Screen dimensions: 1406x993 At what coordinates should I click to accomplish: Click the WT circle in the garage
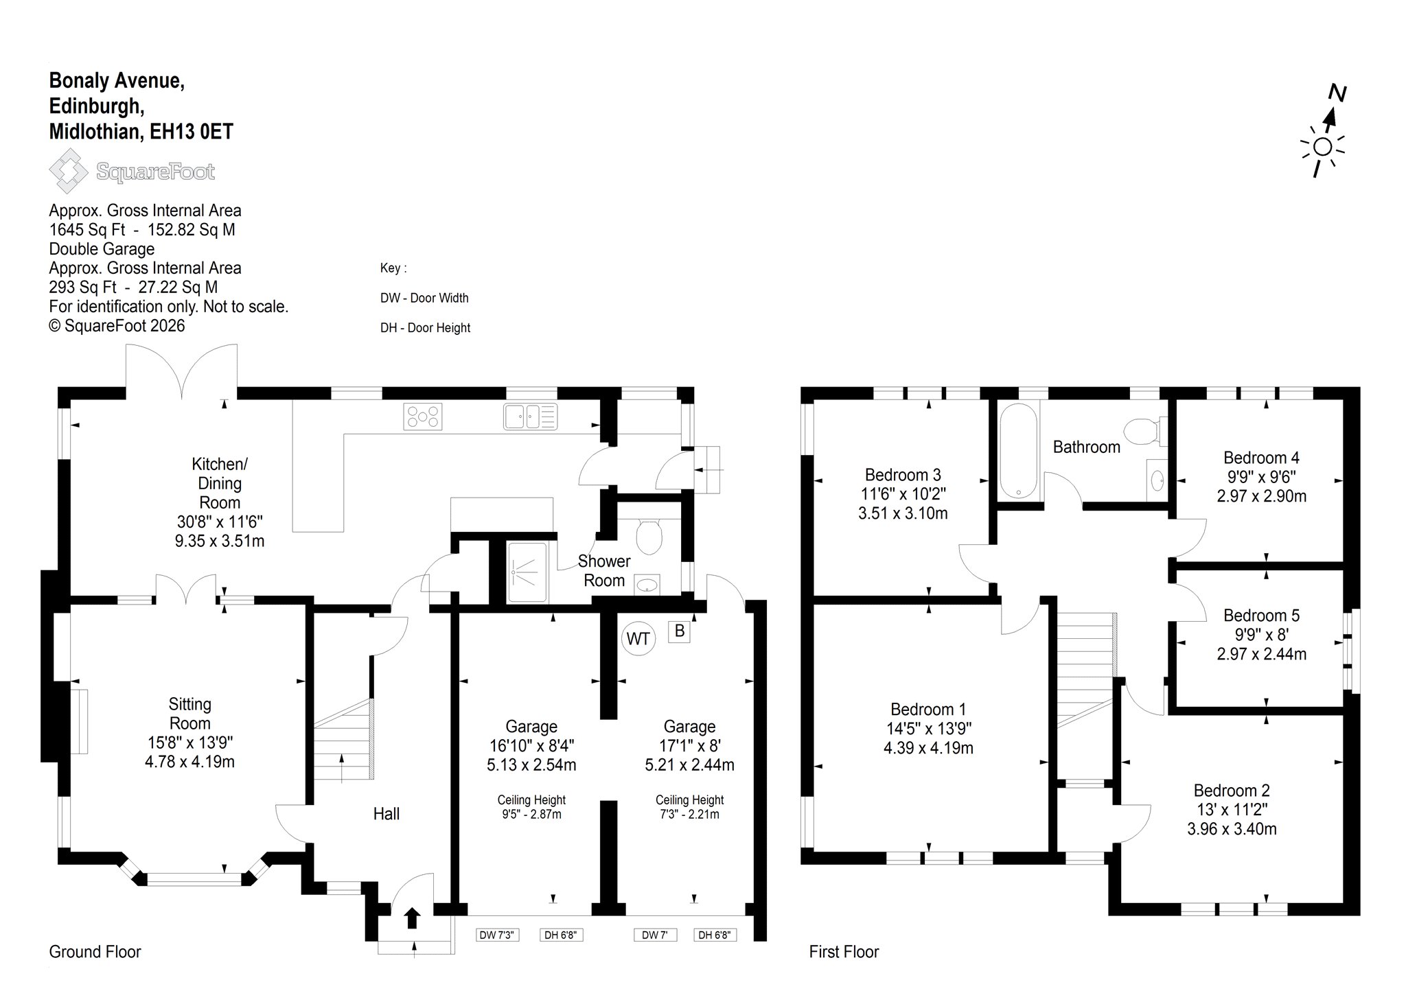tap(638, 639)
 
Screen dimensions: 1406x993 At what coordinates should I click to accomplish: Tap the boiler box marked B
tap(680, 631)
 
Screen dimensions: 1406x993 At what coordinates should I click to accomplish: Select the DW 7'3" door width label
tap(498, 934)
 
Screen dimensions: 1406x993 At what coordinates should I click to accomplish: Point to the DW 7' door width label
tap(655, 934)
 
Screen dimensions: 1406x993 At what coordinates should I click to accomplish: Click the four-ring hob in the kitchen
tap(424, 417)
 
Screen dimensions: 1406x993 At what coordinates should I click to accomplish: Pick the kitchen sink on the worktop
tap(530, 417)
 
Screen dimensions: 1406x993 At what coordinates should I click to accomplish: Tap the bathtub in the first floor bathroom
tap(1019, 450)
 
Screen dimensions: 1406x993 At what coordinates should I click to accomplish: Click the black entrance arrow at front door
tap(412, 918)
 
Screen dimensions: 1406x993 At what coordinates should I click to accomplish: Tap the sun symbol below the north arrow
tap(1322, 147)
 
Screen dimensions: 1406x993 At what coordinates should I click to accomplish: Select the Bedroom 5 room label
tap(1261, 616)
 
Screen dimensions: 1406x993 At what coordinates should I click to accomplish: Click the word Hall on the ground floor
tap(387, 814)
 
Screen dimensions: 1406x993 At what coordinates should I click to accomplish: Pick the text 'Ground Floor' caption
tap(95, 952)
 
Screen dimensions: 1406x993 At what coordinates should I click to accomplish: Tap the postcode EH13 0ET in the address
tap(192, 131)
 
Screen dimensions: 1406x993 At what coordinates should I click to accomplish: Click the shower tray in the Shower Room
tap(527, 573)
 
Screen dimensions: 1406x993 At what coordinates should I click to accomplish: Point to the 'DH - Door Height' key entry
tap(425, 328)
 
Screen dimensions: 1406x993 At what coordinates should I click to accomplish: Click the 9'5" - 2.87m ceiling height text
tap(531, 815)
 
